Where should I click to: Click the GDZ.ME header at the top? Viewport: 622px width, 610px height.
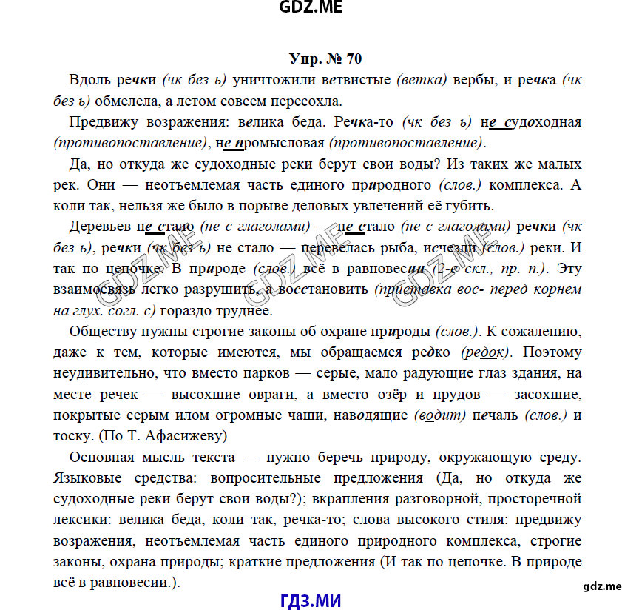pyautogui.click(x=311, y=9)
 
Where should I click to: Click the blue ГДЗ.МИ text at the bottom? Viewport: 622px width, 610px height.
pyautogui.click(x=311, y=599)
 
